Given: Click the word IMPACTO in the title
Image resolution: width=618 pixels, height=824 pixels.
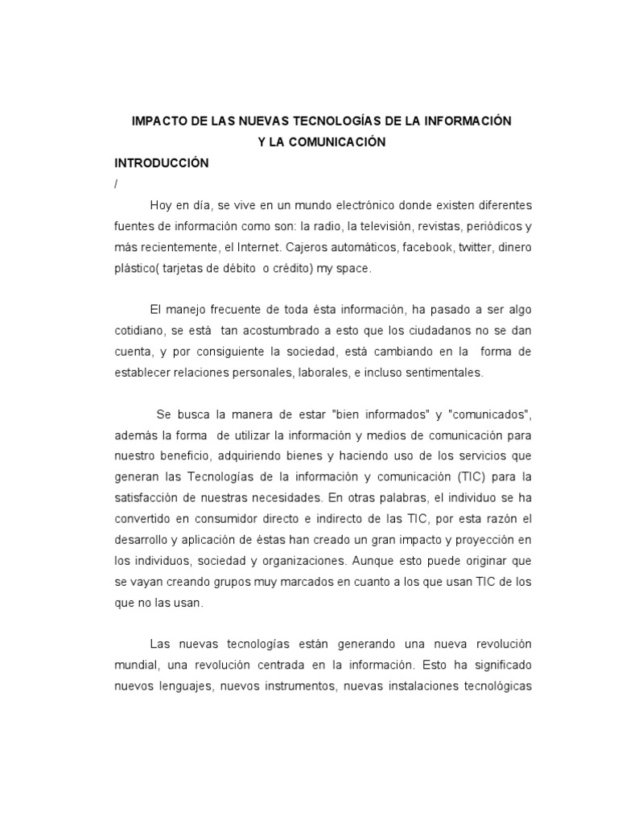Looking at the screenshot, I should [x=158, y=121].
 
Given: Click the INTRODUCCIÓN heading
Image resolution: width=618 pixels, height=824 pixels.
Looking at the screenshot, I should [x=162, y=163].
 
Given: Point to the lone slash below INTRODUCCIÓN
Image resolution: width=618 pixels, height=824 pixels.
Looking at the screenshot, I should [x=117, y=183].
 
